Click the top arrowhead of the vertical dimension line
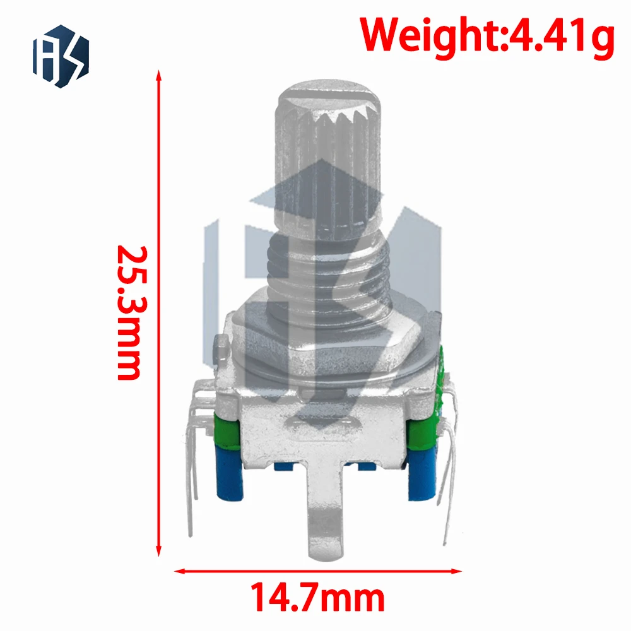click(158, 77)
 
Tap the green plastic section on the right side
click(421, 433)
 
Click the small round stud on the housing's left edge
click(220, 345)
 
